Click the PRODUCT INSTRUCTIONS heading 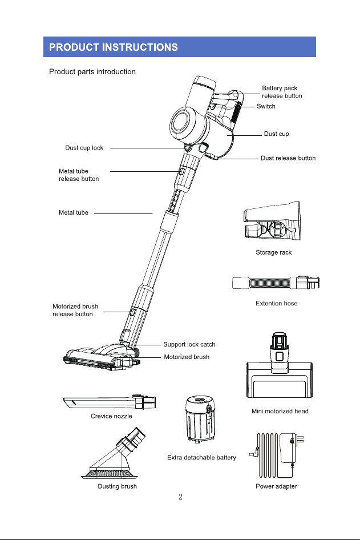click(114, 47)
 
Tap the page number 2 click(180, 497)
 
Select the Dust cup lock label click(84, 148)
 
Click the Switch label click(266, 106)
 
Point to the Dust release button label click(288, 158)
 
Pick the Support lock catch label click(189, 344)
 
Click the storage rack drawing click(272, 221)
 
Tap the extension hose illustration click(276, 283)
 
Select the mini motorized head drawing click(280, 366)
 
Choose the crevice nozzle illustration click(110, 402)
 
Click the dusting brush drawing click(114, 454)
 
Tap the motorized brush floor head click(102, 358)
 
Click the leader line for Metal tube click(123, 213)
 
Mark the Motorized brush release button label click(75, 311)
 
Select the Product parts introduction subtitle click(92, 71)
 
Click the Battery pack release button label click(282, 92)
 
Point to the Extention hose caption click(276, 304)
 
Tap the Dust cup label click(276, 134)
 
